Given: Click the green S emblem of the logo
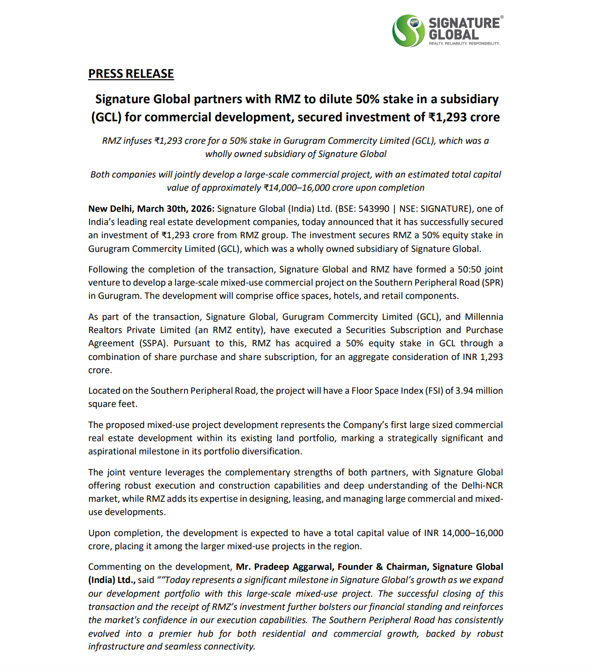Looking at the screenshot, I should (408, 31).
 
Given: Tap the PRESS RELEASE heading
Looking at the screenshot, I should (131, 74).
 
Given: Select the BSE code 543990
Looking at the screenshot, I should (374, 209).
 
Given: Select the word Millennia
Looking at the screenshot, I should (484, 317).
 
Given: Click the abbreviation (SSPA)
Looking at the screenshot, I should (150, 343).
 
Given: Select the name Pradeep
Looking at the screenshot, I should (272, 567).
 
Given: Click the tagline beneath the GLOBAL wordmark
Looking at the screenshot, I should (464, 44).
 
